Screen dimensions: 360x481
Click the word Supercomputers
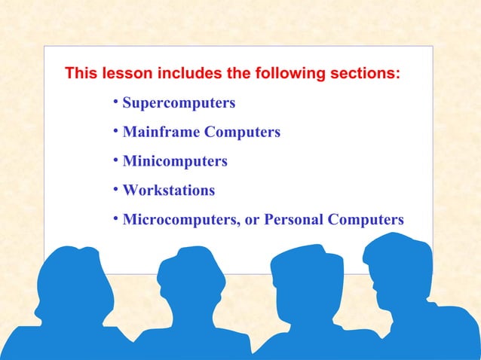click(x=179, y=103)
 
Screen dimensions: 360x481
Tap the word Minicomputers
click(x=175, y=161)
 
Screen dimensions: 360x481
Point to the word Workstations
click(x=168, y=191)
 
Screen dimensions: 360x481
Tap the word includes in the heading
click(x=186, y=75)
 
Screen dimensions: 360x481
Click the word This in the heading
click(x=80, y=75)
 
